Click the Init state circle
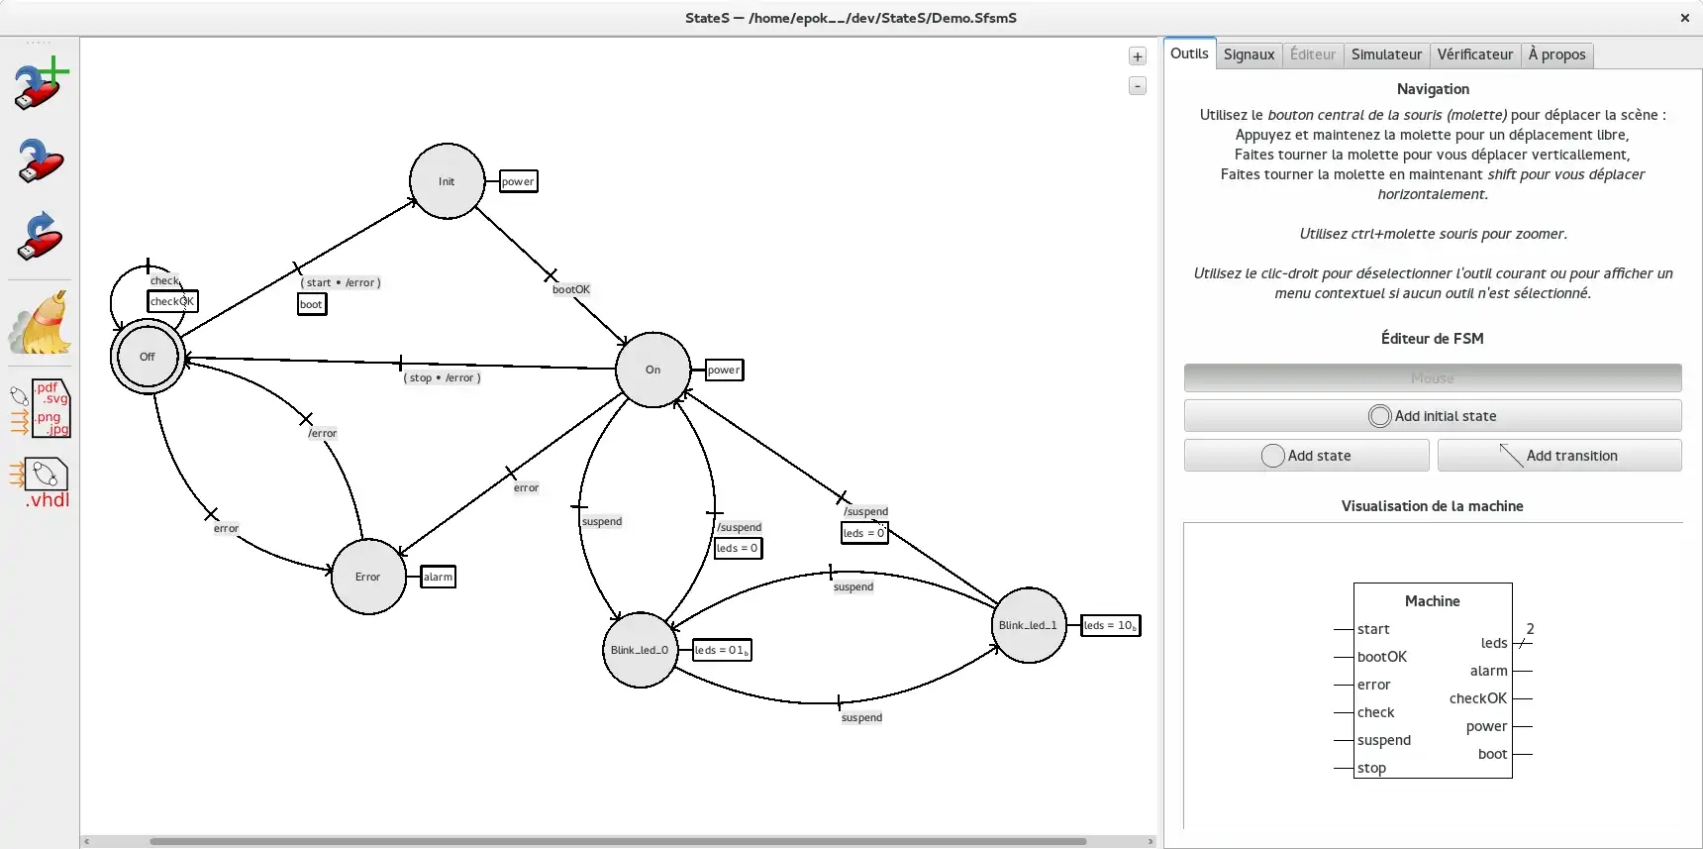point(447,181)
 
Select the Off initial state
point(148,357)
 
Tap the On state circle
point(652,370)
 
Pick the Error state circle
point(368,577)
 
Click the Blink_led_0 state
point(640,650)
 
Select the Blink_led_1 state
point(1029,625)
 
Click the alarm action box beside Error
point(438,577)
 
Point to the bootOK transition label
point(571,289)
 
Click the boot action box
point(312,304)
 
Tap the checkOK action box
point(172,301)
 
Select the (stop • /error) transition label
point(442,377)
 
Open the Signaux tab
point(1249,54)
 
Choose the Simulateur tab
point(1386,54)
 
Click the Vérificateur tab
point(1474,54)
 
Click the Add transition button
point(1558,456)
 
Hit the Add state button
point(1306,456)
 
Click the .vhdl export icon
point(42,482)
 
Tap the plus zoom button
point(1138,56)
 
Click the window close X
point(1684,18)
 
